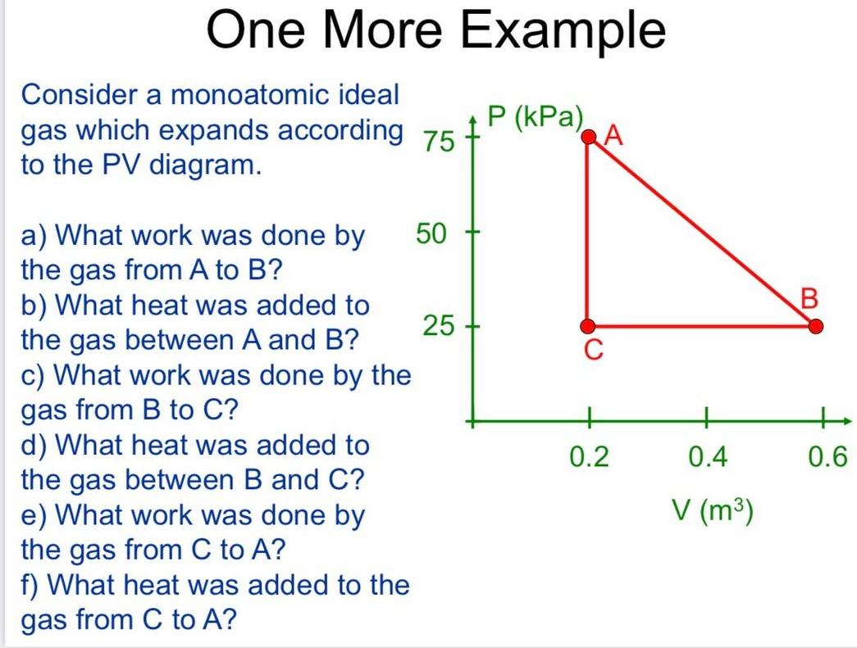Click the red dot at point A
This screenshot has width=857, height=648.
[588, 138]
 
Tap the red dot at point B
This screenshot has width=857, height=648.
[814, 327]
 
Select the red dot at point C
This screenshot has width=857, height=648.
[588, 327]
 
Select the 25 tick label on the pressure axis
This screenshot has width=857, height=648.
[438, 327]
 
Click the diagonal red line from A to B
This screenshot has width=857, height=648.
[701, 232]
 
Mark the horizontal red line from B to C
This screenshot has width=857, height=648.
[701, 327]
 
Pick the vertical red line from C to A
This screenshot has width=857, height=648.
[588, 232]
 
